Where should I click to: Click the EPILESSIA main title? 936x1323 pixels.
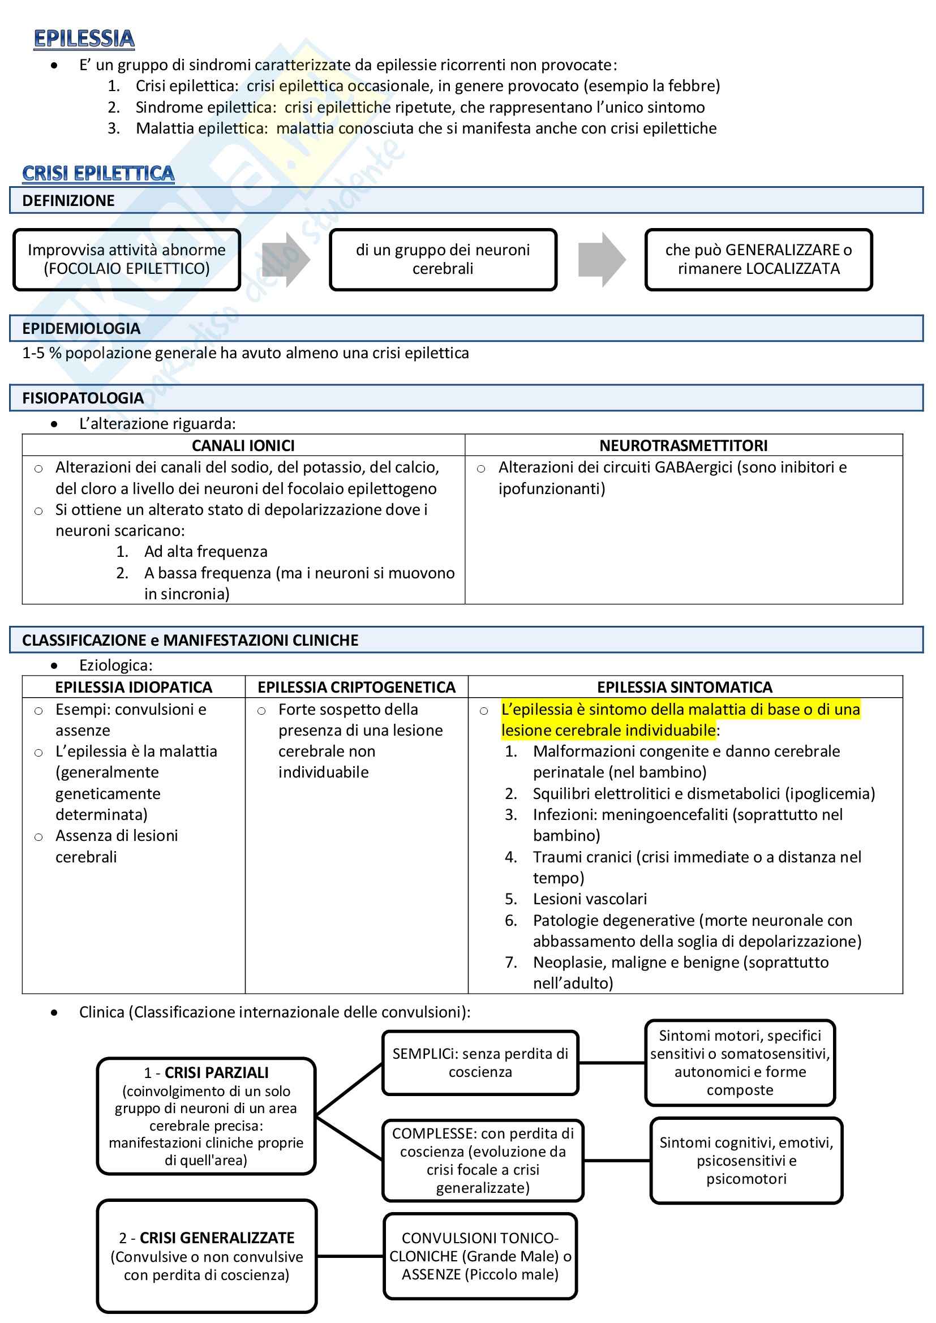click(x=84, y=38)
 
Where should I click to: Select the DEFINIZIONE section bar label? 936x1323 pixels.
click(x=68, y=200)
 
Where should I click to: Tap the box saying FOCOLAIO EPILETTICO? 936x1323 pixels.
click(x=127, y=259)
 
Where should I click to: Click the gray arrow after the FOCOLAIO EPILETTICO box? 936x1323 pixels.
click(x=286, y=259)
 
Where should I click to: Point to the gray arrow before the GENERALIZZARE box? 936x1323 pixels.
click(x=602, y=259)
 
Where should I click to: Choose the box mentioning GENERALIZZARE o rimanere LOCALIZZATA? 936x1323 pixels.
click(x=758, y=259)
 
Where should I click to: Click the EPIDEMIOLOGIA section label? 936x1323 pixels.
click(x=81, y=328)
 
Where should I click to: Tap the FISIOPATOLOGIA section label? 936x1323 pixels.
click(x=83, y=398)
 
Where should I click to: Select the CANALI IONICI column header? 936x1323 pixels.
click(x=243, y=445)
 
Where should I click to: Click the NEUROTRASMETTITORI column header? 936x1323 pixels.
click(x=683, y=445)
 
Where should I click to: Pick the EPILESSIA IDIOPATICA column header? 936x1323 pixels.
click(x=134, y=687)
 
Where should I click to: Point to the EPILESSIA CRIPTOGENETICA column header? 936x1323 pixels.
click(x=356, y=687)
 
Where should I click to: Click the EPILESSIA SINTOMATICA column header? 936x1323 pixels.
click(x=685, y=687)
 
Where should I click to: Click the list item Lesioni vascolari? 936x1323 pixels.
click(x=590, y=899)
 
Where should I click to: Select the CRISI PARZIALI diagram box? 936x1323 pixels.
click(x=207, y=1116)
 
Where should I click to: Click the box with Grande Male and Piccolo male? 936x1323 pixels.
click(x=480, y=1256)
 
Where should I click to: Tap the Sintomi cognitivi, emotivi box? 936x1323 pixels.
click(x=746, y=1161)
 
